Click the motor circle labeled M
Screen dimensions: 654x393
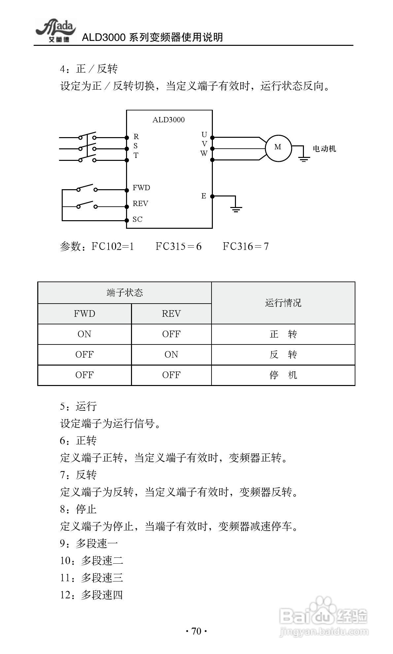pyautogui.click(x=278, y=148)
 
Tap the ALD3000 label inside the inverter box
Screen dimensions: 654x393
pyautogui.click(x=168, y=120)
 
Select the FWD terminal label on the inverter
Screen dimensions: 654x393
pyautogui.click(x=141, y=188)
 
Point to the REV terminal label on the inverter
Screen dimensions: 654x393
pyautogui.click(x=140, y=204)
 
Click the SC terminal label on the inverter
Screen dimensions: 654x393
pyautogui.click(x=137, y=220)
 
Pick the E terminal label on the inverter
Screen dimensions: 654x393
pyautogui.click(x=204, y=196)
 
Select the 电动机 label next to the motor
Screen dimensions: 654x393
pyautogui.click(x=324, y=149)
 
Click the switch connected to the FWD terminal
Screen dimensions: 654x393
pyautogui.click(x=87, y=188)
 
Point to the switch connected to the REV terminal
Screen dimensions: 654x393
pyautogui.click(x=87, y=205)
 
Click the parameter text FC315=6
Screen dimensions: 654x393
pyautogui.click(x=179, y=246)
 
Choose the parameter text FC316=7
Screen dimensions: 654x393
pyautogui.click(x=246, y=246)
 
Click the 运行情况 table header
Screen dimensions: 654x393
pyautogui.click(x=283, y=303)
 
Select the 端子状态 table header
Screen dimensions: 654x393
pyautogui.click(x=124, y=293)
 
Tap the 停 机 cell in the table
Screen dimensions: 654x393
pyautogui.click(x=283, y=375)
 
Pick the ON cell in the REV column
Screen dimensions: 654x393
pyautogui.click(x=171, y=355)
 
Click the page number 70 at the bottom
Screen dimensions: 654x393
pyautogui.click(x=196, y=631)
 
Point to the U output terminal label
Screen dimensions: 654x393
pyautogui.click(x=204, y=135)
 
